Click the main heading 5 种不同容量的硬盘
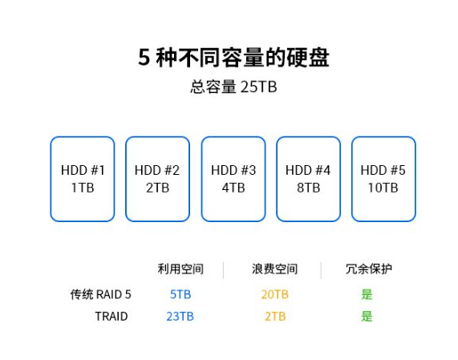233,57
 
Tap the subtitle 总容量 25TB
233,87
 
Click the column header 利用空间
180,269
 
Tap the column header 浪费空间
274,269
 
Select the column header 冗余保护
369,269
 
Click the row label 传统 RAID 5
100,294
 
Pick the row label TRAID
111,317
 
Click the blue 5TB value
180,294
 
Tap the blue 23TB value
180,317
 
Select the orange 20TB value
274,294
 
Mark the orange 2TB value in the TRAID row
275,317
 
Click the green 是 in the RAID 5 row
367,294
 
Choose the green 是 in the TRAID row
367,317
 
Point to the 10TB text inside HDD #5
383,188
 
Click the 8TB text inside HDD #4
309,188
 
